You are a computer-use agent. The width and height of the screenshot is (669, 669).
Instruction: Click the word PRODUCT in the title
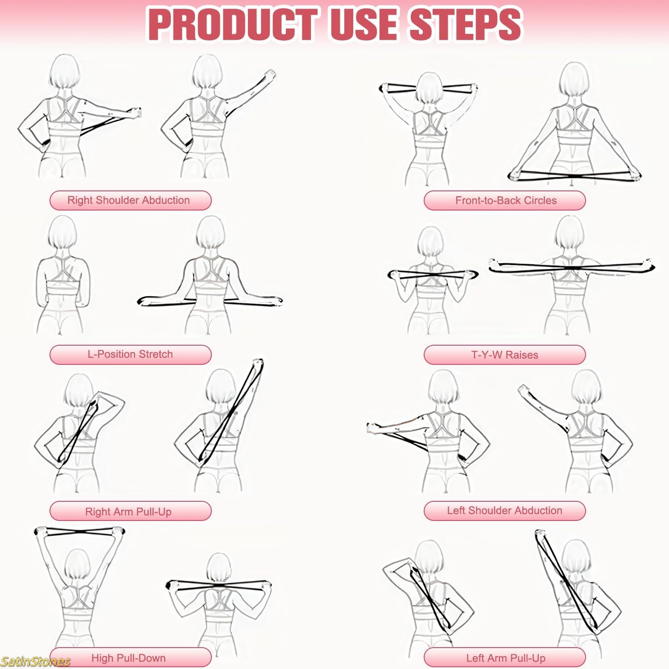click(x=232, y=25)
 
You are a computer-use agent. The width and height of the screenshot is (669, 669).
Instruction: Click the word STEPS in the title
click(x=465, y=25)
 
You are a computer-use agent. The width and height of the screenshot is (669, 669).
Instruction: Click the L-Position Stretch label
click(x=130, y=355)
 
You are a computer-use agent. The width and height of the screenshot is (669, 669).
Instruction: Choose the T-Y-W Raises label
click(x=504, y=355)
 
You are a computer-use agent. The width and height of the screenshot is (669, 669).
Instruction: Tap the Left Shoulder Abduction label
click(x=504, y=511)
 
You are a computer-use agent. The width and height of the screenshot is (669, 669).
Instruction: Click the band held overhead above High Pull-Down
click(x=79, y=533)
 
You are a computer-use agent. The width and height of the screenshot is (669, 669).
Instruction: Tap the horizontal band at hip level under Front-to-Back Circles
click(x=574, y=175)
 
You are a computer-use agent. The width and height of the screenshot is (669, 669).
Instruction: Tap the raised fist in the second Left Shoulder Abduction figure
click(x=523, y=389)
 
